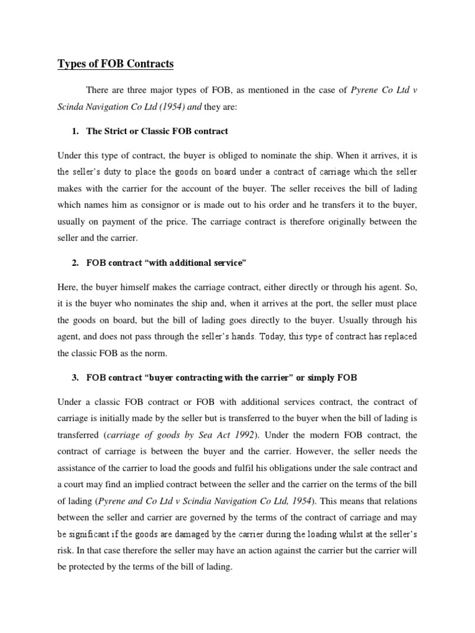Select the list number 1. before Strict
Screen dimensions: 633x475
point(76,131)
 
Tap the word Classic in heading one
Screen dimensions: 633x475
point(163,131)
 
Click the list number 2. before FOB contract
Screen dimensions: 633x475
point(76,263)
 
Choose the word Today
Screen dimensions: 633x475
point(274,336)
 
